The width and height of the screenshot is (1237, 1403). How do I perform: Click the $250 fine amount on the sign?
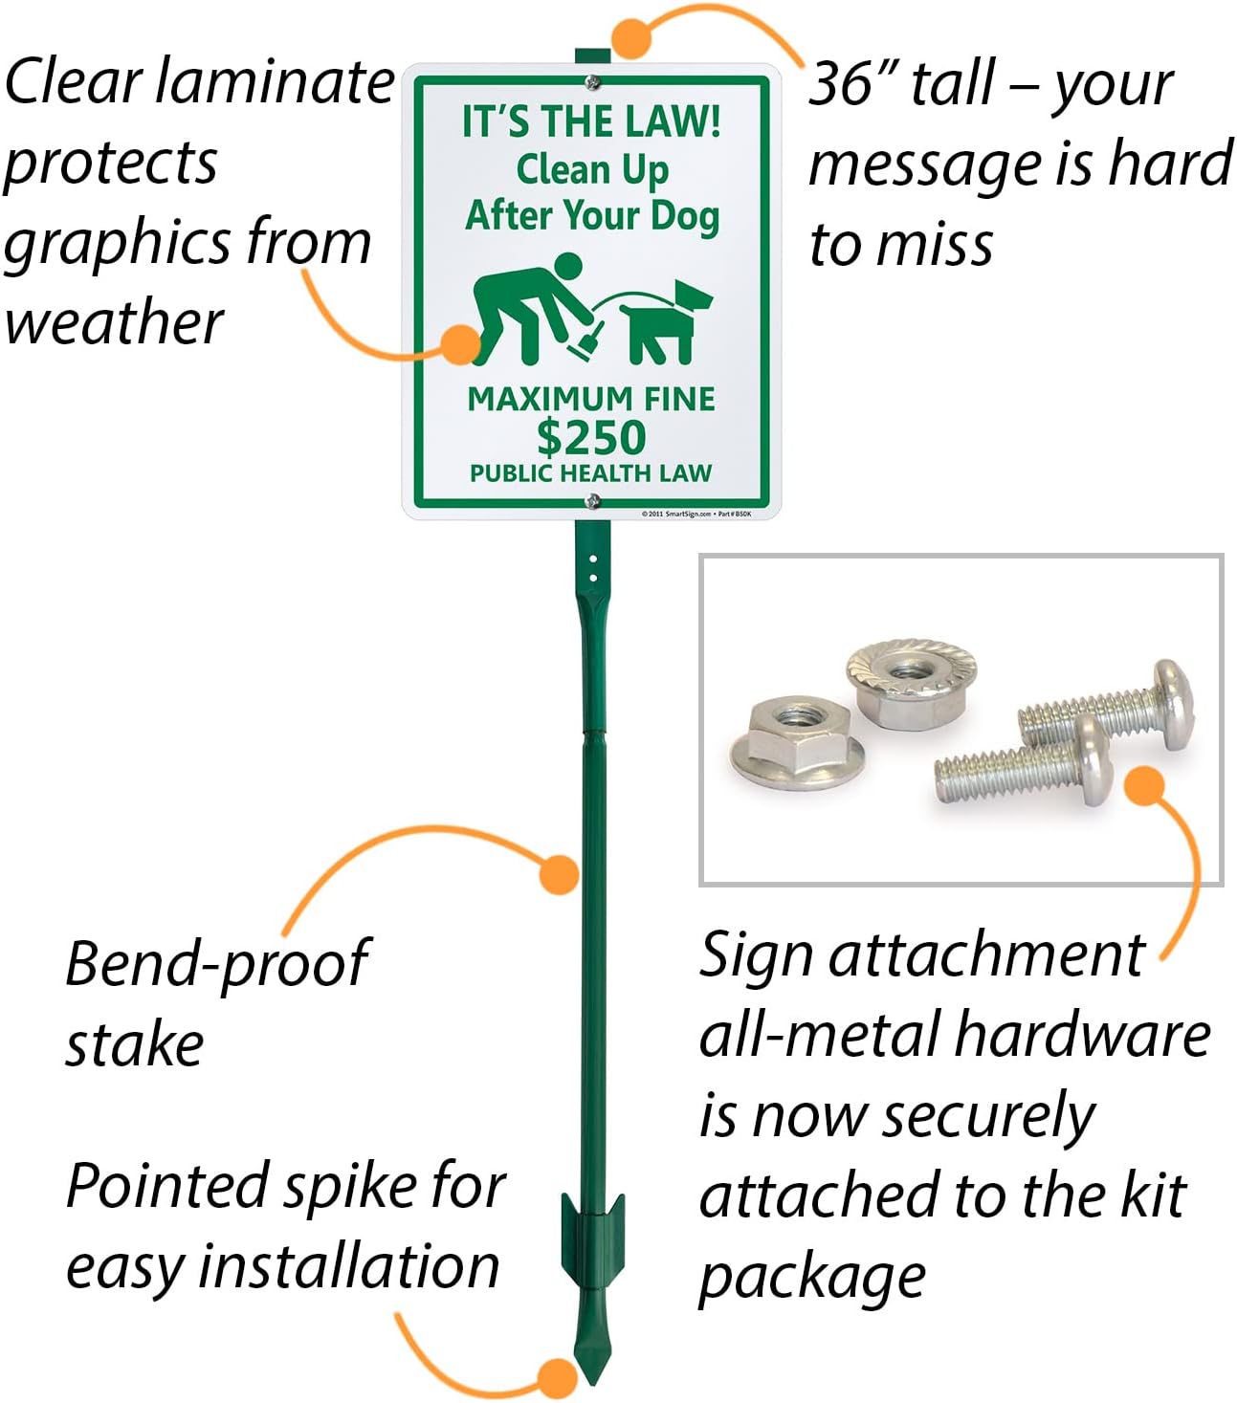(590, 438)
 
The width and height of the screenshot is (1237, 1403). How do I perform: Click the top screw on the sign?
(592, 82)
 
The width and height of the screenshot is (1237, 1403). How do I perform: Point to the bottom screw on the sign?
(592, 499)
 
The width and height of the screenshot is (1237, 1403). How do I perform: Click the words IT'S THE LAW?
(591, 121)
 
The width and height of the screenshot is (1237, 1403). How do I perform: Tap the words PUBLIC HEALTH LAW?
(590, 473)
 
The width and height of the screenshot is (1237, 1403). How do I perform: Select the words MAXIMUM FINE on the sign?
(591, 398)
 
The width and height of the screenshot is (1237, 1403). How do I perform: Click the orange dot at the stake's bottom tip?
(557, 1378)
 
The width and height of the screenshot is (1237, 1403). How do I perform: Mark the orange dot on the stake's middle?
(559, 874)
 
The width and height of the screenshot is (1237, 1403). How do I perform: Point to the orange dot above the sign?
(631, 38)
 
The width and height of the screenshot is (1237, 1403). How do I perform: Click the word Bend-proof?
(216, 963)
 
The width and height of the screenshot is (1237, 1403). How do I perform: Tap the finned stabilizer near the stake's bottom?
(592, 1235)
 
